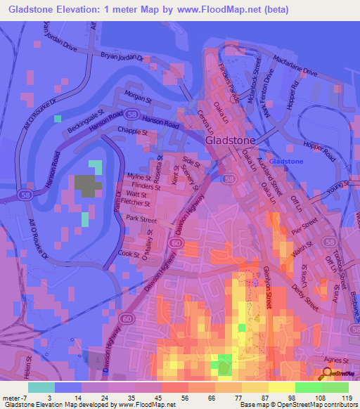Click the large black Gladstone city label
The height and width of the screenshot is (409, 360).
[x=233, y=140]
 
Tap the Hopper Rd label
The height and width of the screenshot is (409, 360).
[x=295, y=92]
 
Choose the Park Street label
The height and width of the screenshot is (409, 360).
[x=141, y=220]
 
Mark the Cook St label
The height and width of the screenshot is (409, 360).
[x=129, y=253]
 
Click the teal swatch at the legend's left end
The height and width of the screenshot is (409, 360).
[x=41, y=387]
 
